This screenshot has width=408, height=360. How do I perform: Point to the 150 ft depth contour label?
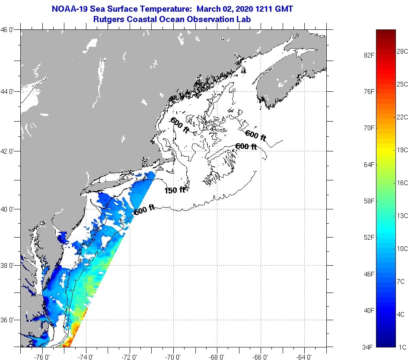click(x=175, y=190)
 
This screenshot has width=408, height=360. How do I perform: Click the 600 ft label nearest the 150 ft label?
click(x=144, y=211)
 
